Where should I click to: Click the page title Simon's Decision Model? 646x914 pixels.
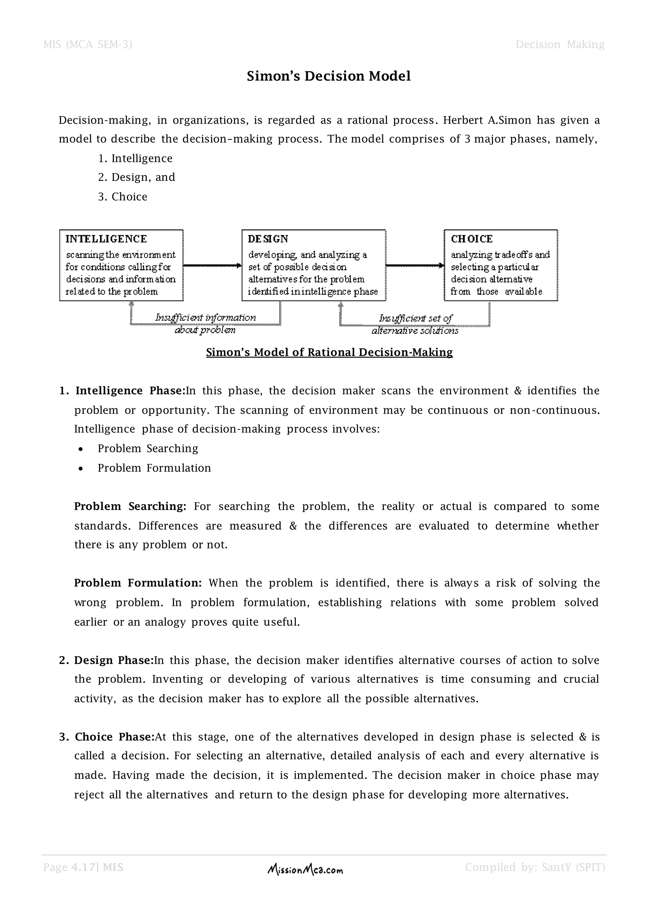pos(329,76)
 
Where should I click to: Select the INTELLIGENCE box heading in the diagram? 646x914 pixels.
pos(106,239)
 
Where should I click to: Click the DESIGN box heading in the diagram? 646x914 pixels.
pos(268,239)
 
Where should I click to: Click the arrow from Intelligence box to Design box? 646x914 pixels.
pos(212,265)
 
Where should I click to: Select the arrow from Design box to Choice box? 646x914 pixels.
pos(415,265)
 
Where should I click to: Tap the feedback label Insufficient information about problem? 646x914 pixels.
pos(205,323)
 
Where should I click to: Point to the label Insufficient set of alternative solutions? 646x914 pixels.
pos(415,324)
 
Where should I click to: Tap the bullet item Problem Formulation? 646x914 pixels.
pos(154,468)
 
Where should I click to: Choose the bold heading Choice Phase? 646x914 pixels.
pos(114,737)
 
